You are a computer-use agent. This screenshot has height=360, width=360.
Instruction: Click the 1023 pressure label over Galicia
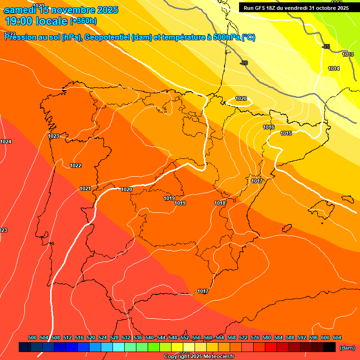coord(53,136)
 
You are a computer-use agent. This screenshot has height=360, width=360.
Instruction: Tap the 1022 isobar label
coord(75,165)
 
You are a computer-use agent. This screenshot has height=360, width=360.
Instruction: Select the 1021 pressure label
coord(85,188)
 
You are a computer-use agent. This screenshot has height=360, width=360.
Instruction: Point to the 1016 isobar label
coord(269,127)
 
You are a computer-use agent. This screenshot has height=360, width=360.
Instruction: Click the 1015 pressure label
coord(286,134)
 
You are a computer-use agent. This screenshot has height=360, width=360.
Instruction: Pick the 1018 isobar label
coord(220,203)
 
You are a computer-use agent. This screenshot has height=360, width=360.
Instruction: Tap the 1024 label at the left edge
coord(6,142)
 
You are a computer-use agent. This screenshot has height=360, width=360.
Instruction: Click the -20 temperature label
coord(243,63)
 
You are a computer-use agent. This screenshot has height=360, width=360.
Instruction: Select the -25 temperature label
coord(326,46)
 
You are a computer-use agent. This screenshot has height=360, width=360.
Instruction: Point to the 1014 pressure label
coord(334,68)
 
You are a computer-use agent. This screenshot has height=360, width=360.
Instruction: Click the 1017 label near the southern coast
coord(203,291)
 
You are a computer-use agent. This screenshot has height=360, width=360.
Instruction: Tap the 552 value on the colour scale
coord(184,337)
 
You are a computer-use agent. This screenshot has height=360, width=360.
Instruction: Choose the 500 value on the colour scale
coord(32,337)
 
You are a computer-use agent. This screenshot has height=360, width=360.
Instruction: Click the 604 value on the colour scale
coord(337,337)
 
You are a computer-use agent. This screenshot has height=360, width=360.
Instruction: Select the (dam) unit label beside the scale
coord(347,347)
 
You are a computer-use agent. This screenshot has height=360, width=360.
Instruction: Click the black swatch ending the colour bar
coord(330,347)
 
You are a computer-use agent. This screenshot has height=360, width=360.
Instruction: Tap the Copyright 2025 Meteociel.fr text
coord(199,357)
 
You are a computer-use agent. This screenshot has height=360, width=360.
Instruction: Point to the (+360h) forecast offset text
coord(83,21)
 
